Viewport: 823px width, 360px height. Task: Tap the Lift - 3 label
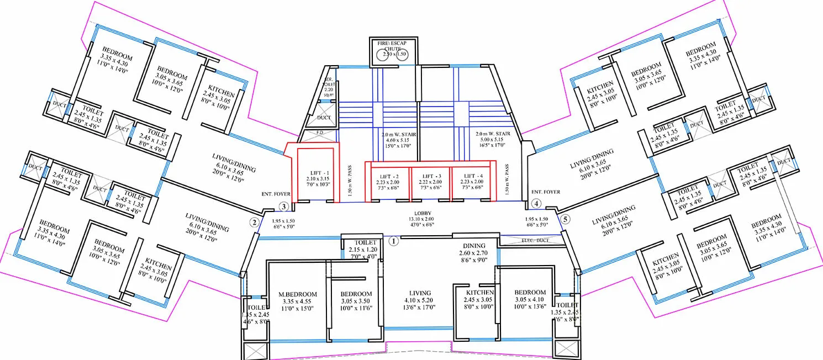[x=431, y=175]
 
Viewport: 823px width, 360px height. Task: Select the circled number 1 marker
[x=394, y=241]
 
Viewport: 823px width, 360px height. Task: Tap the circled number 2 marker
[x=254, y=223]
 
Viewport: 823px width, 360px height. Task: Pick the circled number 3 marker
[x=283, y=207]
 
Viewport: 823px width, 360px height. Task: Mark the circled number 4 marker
[x=536, y=204]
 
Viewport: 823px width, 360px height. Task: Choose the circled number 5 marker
[x=565, y=219]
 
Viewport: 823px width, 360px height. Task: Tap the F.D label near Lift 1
[x=319, y=133]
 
